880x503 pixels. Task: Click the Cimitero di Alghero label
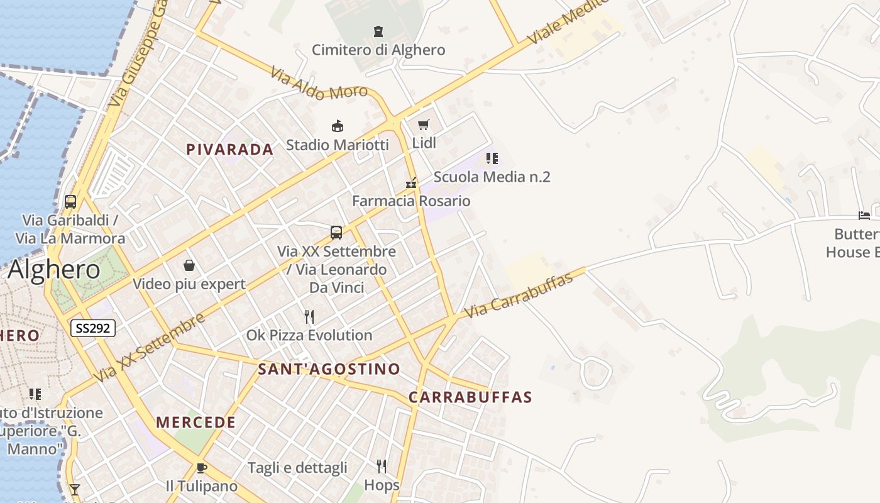378,50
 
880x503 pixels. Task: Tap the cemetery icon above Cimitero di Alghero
378,31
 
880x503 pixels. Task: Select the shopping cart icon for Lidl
424,124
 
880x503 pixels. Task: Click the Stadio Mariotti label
338,145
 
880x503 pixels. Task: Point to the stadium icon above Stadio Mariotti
338,126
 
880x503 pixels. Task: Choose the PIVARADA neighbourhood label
229,150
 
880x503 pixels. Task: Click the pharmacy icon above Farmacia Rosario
411,184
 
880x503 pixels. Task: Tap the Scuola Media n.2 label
492,177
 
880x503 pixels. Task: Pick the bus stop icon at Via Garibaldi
70,202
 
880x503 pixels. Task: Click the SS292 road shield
92,328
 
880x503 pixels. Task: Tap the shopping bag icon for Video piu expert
189,266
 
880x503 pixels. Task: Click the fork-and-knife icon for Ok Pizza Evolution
309,316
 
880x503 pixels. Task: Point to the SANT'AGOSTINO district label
329,369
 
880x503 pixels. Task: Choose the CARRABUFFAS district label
470,397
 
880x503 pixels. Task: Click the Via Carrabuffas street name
519,295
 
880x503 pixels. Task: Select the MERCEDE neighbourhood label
196,423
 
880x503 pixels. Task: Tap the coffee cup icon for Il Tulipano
201,468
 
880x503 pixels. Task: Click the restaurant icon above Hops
382,466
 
